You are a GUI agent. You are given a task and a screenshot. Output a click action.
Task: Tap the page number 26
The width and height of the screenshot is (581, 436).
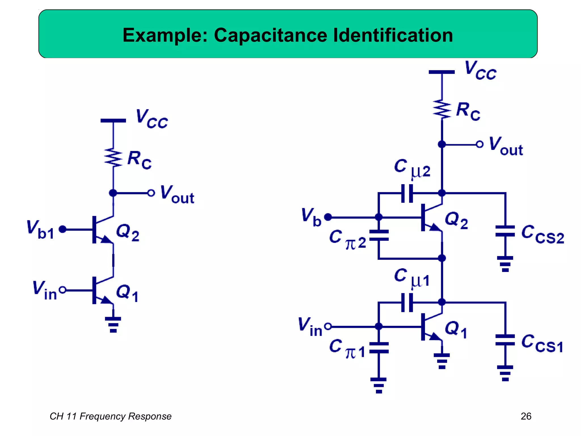pos(526,416)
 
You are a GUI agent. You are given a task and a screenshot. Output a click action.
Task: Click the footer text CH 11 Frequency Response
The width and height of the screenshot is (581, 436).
pos(110,416)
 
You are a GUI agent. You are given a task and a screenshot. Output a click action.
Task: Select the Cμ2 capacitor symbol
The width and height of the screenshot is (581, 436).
pos(407,193)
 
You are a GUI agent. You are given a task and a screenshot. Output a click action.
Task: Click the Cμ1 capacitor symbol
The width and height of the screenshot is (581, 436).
pos(407,303)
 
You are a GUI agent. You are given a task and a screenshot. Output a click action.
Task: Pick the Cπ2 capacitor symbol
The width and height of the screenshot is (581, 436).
pos(379,236)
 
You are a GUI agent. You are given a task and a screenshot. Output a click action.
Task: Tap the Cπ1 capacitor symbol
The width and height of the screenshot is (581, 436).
pos(379,348)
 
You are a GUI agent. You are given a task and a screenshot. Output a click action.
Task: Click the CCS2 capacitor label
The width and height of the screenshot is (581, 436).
pos(542,235)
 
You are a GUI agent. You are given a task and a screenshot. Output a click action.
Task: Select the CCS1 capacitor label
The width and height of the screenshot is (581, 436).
pos(542,344)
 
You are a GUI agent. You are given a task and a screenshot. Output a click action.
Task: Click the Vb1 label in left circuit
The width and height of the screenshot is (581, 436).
pos(40,230)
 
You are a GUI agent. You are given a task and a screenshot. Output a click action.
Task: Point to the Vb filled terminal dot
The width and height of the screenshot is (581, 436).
pos(328,217)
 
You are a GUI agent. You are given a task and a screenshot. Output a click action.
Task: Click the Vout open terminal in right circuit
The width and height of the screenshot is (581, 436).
pos(479,144)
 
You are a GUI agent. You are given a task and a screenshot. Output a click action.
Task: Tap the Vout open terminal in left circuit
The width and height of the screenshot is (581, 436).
pos(151,193)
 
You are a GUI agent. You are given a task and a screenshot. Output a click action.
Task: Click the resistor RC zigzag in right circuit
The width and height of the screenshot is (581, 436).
pos(442,109)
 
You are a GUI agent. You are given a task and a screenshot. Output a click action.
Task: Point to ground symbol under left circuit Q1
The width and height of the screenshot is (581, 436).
pos(113,324)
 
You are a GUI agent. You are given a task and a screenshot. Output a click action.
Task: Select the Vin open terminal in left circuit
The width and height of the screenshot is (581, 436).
pos(63,290)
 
